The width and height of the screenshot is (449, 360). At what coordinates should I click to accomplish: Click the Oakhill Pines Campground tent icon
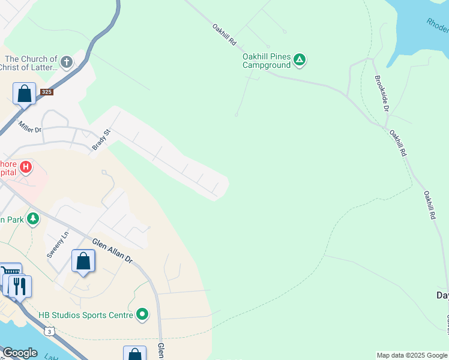tap(300, 59)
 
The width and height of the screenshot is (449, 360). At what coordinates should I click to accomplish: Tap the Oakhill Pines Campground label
tap(267, 61)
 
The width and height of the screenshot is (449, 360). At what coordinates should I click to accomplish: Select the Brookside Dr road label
tap(382, 93)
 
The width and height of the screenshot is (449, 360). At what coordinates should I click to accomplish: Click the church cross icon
tap(67, 61)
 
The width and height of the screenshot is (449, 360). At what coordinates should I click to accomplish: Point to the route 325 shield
tap(47, 92)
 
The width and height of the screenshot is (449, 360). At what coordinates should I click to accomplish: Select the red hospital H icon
tap(26, 167)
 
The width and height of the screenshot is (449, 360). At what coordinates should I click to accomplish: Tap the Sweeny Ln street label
tap(58, 245)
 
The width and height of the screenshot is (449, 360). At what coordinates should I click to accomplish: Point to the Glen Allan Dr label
tap(112, 250)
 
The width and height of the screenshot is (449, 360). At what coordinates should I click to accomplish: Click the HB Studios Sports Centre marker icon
tap(142, 314)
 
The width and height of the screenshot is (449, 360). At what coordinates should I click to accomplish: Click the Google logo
tap(20, 353)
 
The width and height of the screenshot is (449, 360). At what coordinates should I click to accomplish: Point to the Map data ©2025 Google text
tap(412, 355)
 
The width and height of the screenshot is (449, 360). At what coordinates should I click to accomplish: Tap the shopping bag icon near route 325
tap(24, 94)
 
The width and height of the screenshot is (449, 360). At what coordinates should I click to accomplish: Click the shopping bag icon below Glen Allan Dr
tap(83, 261)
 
